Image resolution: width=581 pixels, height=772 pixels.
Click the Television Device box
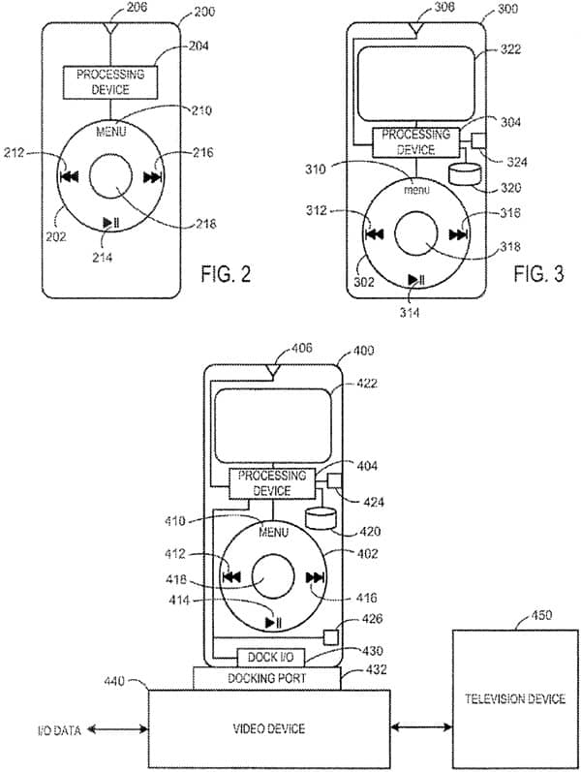tap(515, 698)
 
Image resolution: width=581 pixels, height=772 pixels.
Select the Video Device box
tap(269, 728)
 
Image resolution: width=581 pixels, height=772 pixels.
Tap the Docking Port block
tap(266, 678)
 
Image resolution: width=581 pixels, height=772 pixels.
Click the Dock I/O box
tap(271, 657)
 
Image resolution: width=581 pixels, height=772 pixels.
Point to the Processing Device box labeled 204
tap(110, 82)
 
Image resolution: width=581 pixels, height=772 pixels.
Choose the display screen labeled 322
tap(416, 83)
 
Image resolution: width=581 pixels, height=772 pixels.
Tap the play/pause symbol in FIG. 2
tap(110, 223)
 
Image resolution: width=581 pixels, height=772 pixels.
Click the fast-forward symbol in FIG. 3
tap(458, 234)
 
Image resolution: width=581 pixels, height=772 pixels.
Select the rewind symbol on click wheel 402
tap(231, 576)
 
